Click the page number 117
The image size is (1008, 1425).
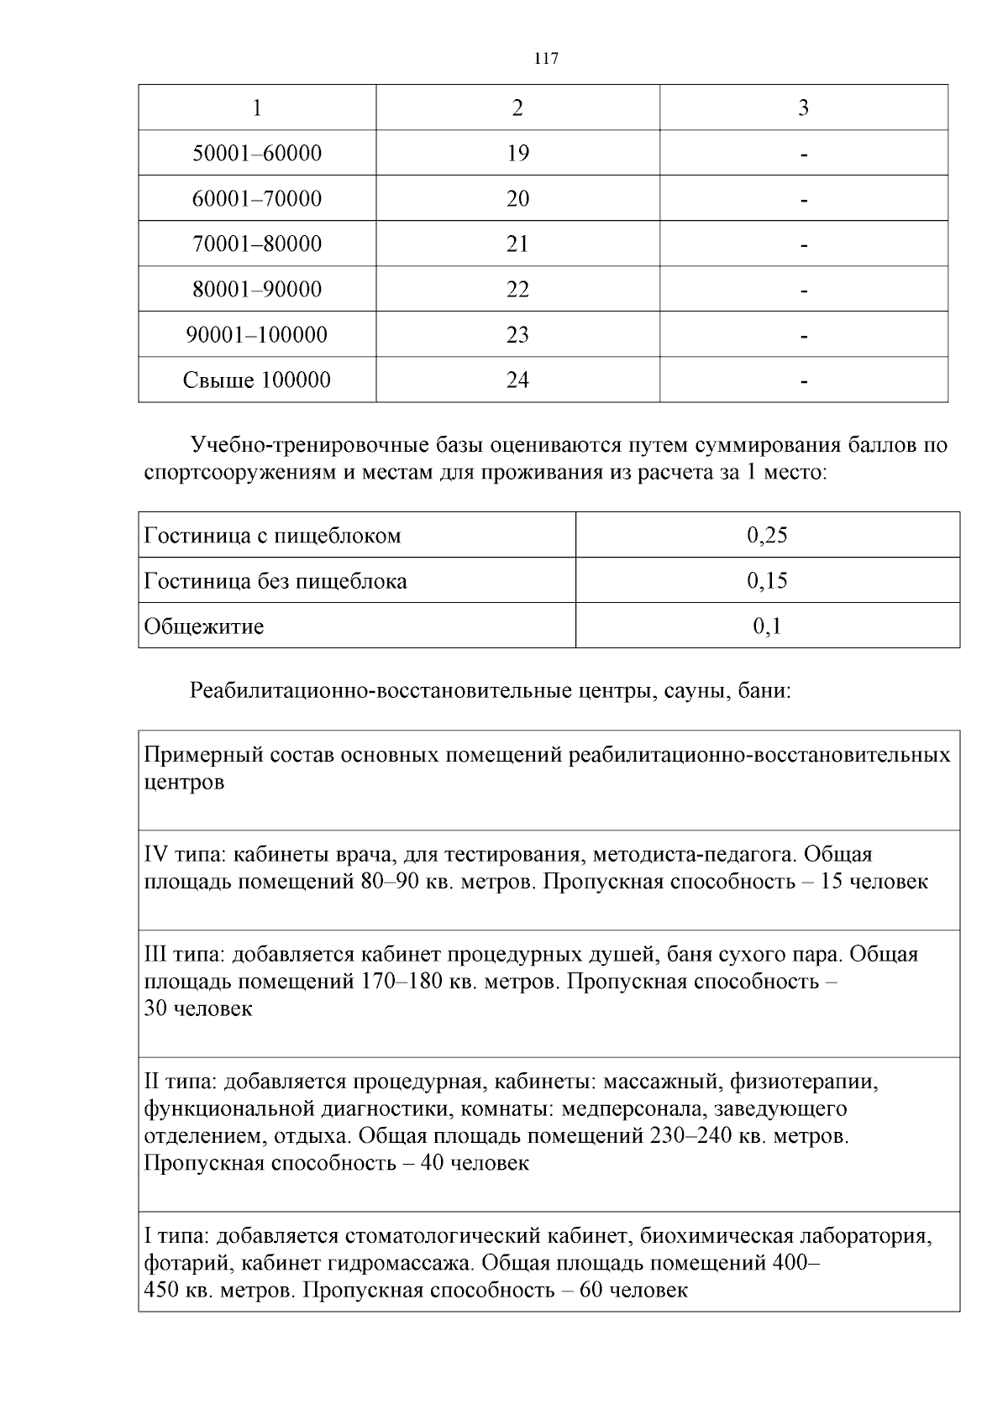pos(546,59)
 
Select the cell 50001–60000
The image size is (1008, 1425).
pos(257,154)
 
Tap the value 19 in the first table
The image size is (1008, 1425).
pos(517,154)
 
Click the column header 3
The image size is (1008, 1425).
pos(803,108)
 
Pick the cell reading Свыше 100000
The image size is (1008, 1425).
pos(257,380)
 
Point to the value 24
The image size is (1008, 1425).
pos(517,380)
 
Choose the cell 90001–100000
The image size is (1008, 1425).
pos(257,335)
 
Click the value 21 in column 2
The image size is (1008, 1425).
pos(517,244)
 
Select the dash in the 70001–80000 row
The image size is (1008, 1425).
pos(804,246)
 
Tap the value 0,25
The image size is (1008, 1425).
pos(767,536)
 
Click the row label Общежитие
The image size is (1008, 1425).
pos(204,626)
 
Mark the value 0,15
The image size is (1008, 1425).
pos(767,581)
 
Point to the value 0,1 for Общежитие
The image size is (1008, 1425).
pos(767,626)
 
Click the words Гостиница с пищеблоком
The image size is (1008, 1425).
pos(273,536)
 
